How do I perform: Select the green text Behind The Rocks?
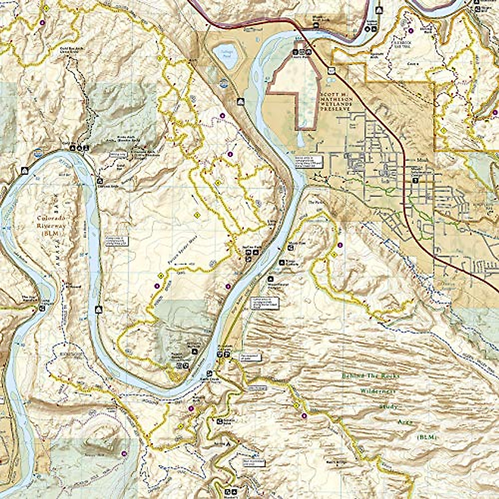(x=371, y=376)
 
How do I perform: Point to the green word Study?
(x=388, y=406)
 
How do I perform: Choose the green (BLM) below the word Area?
(x=425, y=438)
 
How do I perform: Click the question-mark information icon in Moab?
(x=415, y=180)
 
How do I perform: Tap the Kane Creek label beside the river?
(x=216, y=380)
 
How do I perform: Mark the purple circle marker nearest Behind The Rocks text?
(x=304, y=416)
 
